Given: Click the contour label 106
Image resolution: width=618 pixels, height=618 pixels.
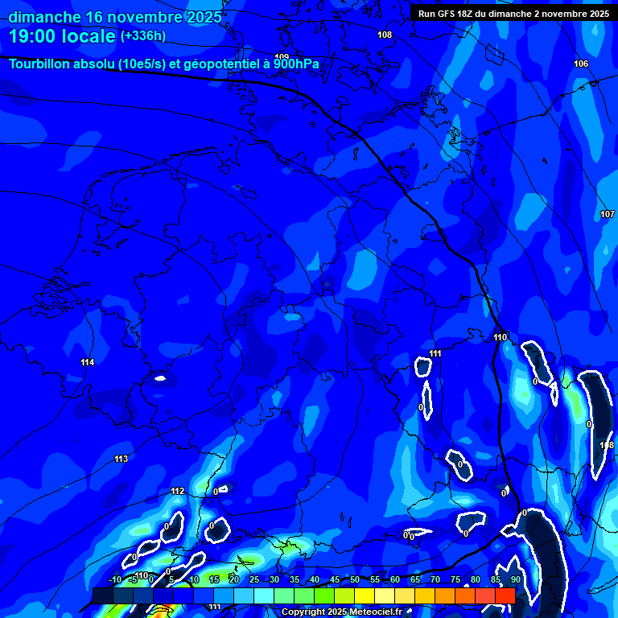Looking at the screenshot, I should [581, 64].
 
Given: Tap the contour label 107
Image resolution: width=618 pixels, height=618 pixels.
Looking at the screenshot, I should [608, 214].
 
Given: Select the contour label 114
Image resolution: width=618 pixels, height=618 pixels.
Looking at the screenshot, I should [87, 363].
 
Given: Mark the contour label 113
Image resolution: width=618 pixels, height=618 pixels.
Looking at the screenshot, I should [121, 459].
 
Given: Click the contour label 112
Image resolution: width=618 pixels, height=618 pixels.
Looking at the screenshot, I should [178, 492].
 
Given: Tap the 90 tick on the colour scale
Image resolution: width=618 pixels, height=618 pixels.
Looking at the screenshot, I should [515, 579].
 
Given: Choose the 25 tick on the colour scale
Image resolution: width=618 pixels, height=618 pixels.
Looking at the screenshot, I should [253, 579].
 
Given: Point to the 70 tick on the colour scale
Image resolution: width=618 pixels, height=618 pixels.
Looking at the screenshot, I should [435, 579].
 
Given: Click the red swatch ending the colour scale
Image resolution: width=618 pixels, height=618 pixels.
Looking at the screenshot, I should [505, 595].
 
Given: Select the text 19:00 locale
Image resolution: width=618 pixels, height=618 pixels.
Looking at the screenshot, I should [61, 35].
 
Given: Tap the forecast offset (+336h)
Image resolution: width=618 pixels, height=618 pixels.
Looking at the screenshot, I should [143, 35].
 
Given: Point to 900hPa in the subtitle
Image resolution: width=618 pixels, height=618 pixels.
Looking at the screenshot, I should [296, 64].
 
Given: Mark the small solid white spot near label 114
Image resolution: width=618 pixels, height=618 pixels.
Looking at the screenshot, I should [159, 377].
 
